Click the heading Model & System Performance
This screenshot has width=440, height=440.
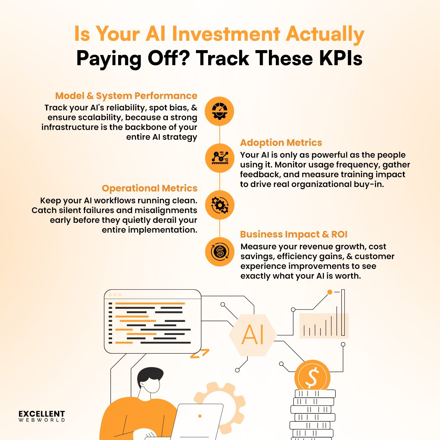126,96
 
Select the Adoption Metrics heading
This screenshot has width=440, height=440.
281,143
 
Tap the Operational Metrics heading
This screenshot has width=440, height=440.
150,188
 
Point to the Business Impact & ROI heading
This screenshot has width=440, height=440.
294,234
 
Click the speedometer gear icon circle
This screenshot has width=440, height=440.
220,111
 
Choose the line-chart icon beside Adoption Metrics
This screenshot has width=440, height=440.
220,158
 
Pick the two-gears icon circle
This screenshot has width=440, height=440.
220,205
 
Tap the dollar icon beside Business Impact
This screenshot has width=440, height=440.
220,252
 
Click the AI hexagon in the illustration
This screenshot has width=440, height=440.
253,335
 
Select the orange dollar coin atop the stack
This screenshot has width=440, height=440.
312,377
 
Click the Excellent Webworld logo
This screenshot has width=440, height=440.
42,416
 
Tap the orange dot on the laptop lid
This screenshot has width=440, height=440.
200,416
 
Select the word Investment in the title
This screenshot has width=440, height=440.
226,34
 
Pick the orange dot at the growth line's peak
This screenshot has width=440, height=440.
330,292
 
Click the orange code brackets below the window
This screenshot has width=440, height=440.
200,354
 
